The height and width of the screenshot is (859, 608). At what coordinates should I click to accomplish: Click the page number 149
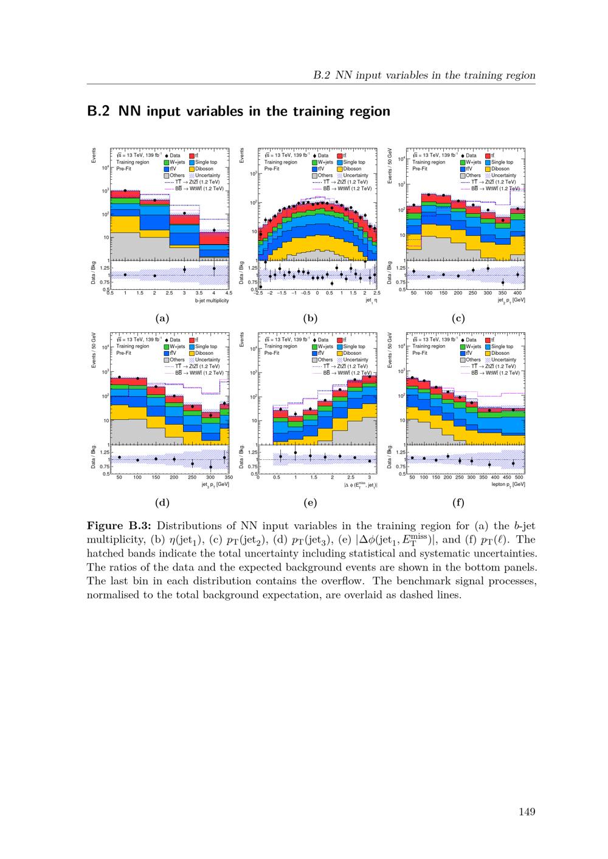(x=527, y=812)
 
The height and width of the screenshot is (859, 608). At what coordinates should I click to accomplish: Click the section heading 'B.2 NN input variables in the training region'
(x=238, y=111)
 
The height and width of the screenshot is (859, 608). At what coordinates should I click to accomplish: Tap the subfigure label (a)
(x=162, y=318)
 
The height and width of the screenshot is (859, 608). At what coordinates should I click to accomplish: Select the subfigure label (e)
(x=310, y=502)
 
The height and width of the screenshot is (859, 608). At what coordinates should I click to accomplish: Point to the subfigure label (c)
(x=458, y=318)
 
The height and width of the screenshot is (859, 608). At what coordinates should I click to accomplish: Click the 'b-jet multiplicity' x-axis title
(x=212, y=301)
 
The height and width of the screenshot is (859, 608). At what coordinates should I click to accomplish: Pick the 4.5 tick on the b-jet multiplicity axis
(x=229, y=293)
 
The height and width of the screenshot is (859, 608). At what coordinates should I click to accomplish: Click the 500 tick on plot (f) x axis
(x=519, y=477)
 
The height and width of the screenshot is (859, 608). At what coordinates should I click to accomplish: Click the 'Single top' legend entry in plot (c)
(x=502, y=162)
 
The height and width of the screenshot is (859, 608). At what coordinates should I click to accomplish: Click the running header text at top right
(x=424, y=75)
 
